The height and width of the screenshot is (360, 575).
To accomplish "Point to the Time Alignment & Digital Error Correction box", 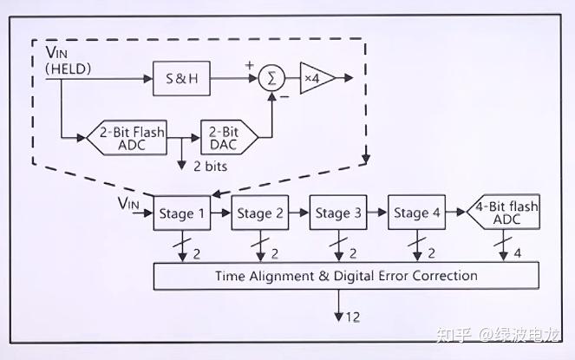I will pyautogui.click(x=346, y=276).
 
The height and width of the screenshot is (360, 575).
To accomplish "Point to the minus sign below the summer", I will pyautogui.click(x=284, y=99).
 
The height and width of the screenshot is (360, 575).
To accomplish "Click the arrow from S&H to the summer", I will pyautogui.click(x=232, y=78).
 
